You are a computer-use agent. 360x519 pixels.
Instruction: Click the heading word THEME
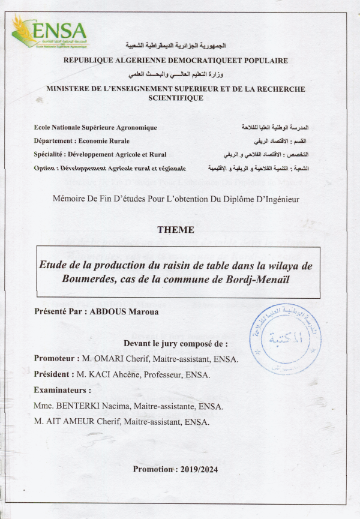(x=175, y=230)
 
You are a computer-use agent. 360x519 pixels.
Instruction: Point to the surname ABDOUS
(x=113, y=312)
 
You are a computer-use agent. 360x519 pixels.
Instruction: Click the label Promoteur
(x=56, y=359)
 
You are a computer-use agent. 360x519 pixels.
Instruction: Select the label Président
(x=54, y=375)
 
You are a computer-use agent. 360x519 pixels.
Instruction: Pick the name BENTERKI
(x=79, y=407)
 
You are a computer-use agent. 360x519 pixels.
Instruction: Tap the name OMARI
(x=112, y=359)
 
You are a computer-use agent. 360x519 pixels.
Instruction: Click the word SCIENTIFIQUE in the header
(x=175, y=98)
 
